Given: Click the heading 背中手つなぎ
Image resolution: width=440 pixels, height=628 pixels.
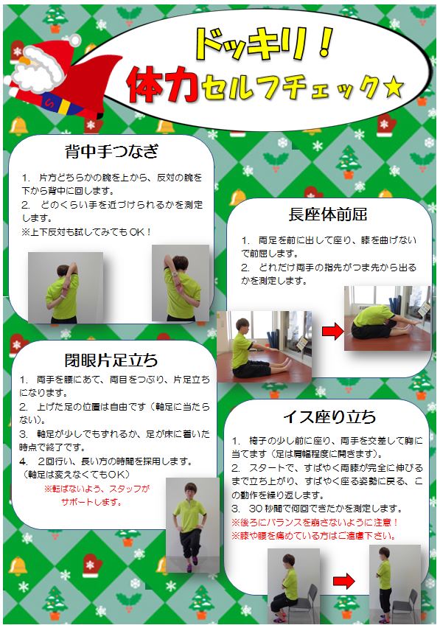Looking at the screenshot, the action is [x=111, y=151].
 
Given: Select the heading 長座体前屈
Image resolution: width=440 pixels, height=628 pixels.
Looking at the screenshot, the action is [x=328, y=214].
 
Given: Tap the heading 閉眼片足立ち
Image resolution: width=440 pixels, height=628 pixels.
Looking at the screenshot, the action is [x=111, y=360].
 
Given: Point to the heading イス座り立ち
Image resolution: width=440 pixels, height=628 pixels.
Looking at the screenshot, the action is [x=329, y=417].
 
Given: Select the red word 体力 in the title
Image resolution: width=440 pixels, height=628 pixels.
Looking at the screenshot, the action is [x=163, y=85].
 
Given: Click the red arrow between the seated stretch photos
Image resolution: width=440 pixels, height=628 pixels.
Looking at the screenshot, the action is [x=333, y=331].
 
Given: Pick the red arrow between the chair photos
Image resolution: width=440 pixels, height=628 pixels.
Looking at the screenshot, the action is [x=344, y=581].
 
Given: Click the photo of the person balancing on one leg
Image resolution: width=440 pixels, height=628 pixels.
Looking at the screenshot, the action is [x=192, y=525].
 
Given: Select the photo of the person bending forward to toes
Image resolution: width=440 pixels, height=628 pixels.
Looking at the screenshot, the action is [x=387, y=318].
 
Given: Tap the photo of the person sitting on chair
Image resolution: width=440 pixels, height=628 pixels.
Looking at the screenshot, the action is [x=293, y=586].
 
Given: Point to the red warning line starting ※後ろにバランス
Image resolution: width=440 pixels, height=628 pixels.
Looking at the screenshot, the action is [x=315, y=523].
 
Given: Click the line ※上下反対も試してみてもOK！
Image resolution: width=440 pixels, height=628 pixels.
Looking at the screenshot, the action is [x=86, y=232].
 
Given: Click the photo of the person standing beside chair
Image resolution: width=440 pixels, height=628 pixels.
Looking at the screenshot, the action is [x=395, y=585].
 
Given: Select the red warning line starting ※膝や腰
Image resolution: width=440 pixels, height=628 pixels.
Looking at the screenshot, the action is [x=313, y=536].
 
